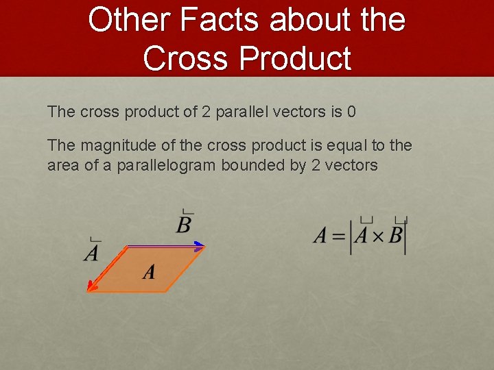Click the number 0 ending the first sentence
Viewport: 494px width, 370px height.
point(351,112)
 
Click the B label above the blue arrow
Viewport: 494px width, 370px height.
point(183,224)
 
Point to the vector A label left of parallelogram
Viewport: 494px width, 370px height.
point(92,253)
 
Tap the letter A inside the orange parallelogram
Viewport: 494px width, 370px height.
point(149,273)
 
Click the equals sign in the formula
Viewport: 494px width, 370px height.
point(338,237)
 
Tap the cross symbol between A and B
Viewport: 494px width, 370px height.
point(377,237)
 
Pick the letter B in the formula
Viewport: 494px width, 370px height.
point(395,236)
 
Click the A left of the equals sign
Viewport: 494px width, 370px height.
point(320,236)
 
